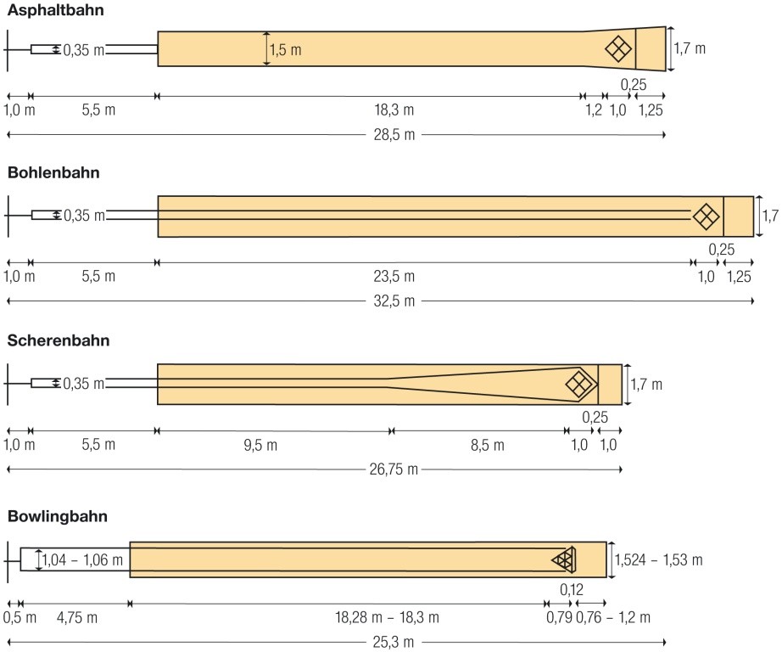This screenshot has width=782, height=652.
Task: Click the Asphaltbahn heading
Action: point(55,10)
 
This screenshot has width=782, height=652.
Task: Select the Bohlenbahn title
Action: point(53,172)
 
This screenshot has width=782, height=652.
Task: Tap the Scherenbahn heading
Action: point(59,340)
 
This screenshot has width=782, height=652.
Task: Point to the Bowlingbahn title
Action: point(58,515)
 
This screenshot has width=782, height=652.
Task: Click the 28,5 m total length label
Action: point(394,135)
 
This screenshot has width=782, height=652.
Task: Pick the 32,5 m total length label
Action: point(394,301)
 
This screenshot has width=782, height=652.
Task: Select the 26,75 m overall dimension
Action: point(394,469)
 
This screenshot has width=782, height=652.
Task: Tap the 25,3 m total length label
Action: point(394,642)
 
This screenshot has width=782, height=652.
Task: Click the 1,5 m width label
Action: point(285,50)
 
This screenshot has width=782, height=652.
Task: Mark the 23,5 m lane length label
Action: point(394,276)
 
